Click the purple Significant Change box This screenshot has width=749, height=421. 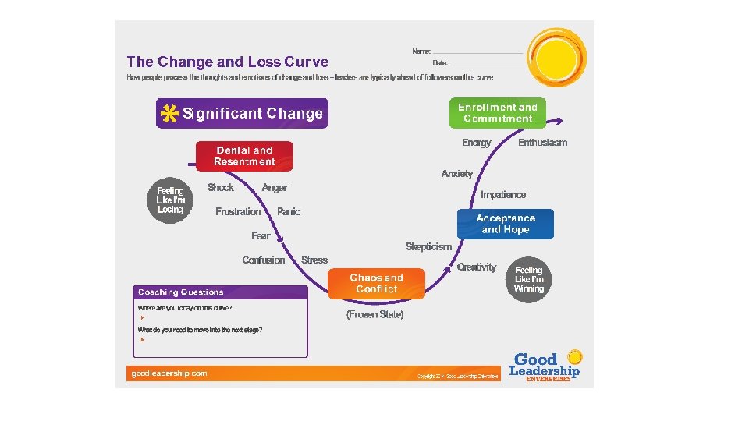pyautogui.click(x=242, y=113)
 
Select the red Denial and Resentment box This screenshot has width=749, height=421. pyautogui.click(x=244, y=156)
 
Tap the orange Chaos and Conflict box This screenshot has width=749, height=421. pyautogui.click(x=376, y=284)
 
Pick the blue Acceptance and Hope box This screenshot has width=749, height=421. pyautogui.click(x=505, y=224)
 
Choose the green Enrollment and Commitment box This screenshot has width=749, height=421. pyautogui.click(x=497, y=113)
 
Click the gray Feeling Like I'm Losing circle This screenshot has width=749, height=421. pyautogui.click(x=170, y=200)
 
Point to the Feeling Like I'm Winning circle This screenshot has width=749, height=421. pyautogui.click(x=529, y=279)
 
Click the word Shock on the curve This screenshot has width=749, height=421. pyautogui.click(x=221, y=187)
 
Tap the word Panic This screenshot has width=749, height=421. pyautogui.click(x=288, y=211)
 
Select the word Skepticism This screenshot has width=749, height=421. pyautogui.click(x=428, y=246)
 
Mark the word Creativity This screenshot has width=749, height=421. pyautogui.click(x=476, y=267)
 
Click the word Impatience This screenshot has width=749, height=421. pyautogui.click(x=503, y=195)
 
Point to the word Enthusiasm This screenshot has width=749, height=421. pyautogui.click(x=542, y=143)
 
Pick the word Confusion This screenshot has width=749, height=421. pyautogui.click(x=264, y=260)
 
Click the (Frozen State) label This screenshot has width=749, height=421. pyautogui.click(x=374, y=315)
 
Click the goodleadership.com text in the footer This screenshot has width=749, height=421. pyautogui.click(x=169, y=373)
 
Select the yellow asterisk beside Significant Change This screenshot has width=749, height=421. pyautogui.click(x=168, y=114)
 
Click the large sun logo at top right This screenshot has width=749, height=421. pyautogui.click(x=556, y=56)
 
